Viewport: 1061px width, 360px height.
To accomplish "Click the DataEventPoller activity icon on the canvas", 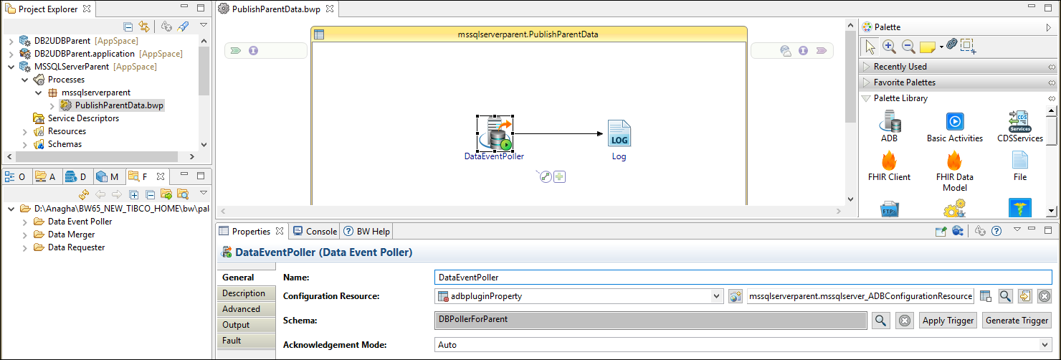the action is coord(495,133).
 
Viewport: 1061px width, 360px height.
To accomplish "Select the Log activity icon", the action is coord(619,133).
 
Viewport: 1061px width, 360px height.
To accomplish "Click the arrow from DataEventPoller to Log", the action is coord(558,133).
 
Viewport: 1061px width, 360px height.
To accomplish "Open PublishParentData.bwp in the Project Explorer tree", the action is coord(119,105).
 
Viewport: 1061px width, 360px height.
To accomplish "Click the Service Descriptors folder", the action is coord(83,118).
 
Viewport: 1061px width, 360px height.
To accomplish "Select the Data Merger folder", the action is coord(71,235).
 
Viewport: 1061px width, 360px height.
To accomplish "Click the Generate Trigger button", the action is coord(1017,321).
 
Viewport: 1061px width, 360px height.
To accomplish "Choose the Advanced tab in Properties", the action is coord(241,309).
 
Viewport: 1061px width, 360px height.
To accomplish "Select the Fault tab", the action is coord(232,341).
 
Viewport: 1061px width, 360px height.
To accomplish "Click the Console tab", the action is coord(315,231).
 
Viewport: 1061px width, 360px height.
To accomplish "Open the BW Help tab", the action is coord(367,231).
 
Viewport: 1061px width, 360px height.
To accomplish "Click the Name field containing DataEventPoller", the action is coord(743,277).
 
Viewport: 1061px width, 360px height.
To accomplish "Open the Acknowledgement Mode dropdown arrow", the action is coord(1045,345).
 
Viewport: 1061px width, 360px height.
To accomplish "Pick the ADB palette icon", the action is coord(890,126).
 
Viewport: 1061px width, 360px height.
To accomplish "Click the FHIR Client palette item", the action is coord(889,166).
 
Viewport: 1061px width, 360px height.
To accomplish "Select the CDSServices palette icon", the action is coord(1020,126).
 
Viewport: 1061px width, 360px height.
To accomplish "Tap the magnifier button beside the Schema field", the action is coord(880,321).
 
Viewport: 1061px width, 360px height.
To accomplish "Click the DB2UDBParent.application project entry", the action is coord(85,54).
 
